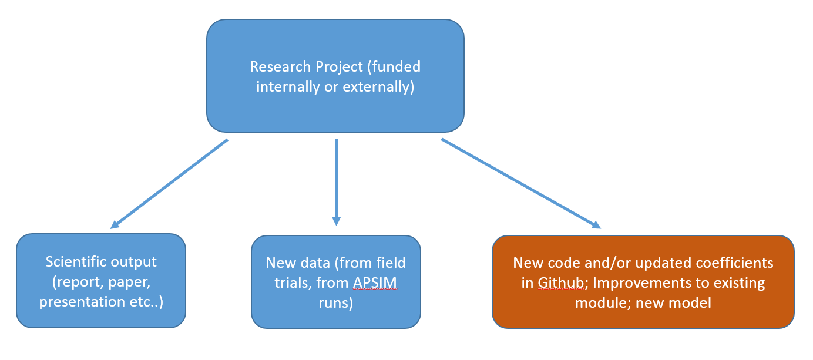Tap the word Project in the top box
(x=339, y=68)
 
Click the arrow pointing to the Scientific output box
(x=169, y=184)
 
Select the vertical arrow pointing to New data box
(x=337, y=182)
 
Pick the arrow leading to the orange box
(x=521, y=184)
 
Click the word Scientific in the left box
(x=76, y=262)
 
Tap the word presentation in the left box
(x=82, y=302)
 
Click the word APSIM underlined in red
(x=375, y=283)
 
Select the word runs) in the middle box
(x=336, y=303)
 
